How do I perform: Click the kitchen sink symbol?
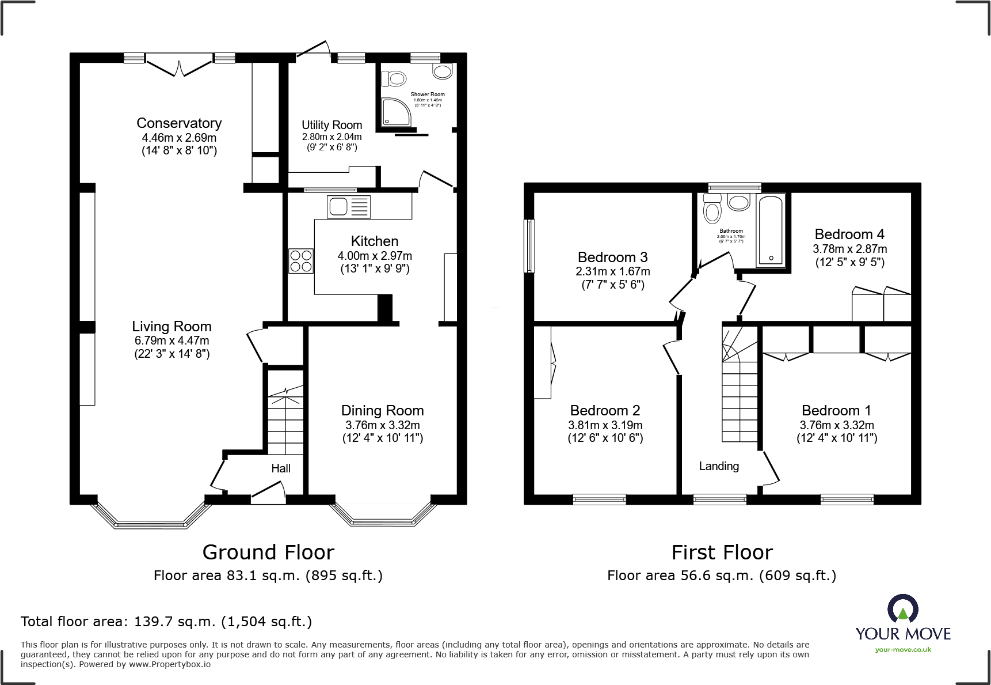click(348, 207)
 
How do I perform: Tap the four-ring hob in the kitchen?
click(300, 260)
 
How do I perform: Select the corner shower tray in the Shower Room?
click(396, 111)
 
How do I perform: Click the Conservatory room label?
click(179, 123)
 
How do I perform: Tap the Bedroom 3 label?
click(612, 257)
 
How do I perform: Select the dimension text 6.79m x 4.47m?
click(171, 340)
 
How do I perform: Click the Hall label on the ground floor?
click(281, 468)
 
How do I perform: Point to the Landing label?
click(719, 466)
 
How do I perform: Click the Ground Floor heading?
click(268, 552)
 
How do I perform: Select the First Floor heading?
click(722, 552)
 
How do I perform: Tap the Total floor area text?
click(166, 622)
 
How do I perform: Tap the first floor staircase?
click(740, 392)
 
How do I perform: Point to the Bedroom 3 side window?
click(529, 245)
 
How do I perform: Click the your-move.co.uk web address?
click(903, 650)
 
